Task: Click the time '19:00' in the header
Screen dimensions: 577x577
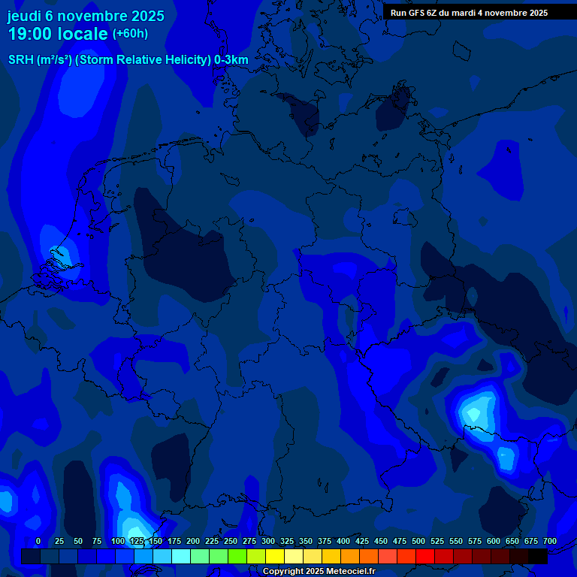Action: click(31, 34)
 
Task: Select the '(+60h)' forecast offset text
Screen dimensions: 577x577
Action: click(129, 34)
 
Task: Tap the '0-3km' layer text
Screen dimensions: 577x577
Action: click(231, 60)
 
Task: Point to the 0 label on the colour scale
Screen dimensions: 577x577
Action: click(38, 541)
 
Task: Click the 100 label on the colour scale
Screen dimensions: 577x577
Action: click(118, 541)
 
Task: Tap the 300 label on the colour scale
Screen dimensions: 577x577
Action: click(268, 541)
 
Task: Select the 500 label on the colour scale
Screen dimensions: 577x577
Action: click(418, 541)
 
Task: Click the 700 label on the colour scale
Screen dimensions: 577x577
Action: click(550, 541)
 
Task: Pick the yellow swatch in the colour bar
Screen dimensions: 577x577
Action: click(274, 556)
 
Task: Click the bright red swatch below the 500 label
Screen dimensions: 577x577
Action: click(424, 556)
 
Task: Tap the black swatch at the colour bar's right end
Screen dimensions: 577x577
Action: click(537, 556)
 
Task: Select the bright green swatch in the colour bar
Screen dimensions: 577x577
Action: click(237, 556)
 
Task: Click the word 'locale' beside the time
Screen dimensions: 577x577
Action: click(83, 34)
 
